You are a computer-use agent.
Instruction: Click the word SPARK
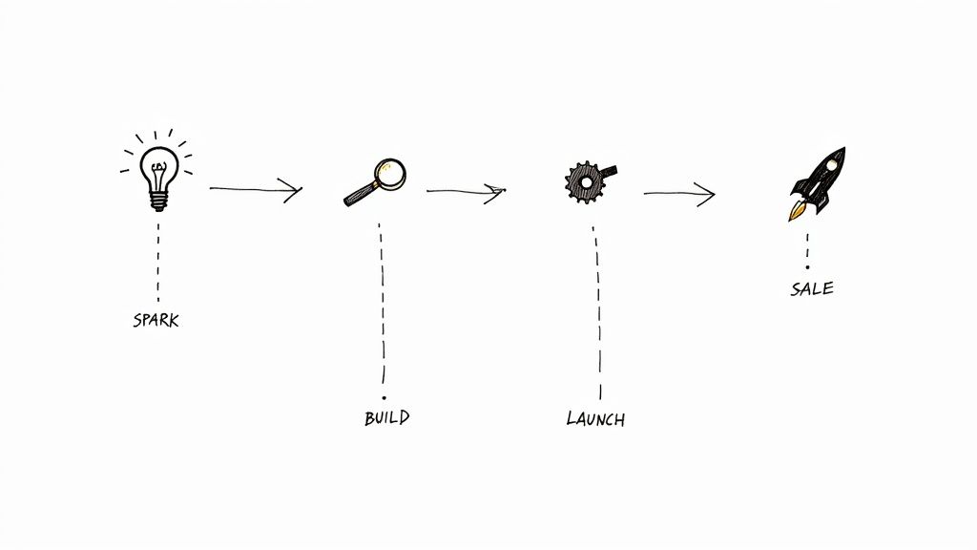click(x=156, y=320)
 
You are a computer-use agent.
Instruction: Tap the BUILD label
click(x=387, y=417)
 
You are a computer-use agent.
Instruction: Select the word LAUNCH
click(x=595, y=418)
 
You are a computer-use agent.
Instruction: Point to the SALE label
click(x=812, y=288)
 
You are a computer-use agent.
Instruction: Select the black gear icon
click(x=588, y=181)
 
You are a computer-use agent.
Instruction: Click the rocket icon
click(x=818, y=183)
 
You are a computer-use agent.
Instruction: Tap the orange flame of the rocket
click(x=797, y=212)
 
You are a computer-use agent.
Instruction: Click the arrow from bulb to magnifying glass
click(x=256, y=188)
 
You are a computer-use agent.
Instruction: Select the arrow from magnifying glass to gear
click(x=466, y=191)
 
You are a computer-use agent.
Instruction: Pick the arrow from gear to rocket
click(x=679, y=194)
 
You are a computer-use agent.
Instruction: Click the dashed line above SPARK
click(x=158, y=262)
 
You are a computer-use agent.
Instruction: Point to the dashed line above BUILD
click(x=382, y=303)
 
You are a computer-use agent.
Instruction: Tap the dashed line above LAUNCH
click(x=598, y=312)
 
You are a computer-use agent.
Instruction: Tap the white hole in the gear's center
click(x=587, y=182)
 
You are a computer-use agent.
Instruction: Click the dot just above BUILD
click(x=384, y=397)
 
